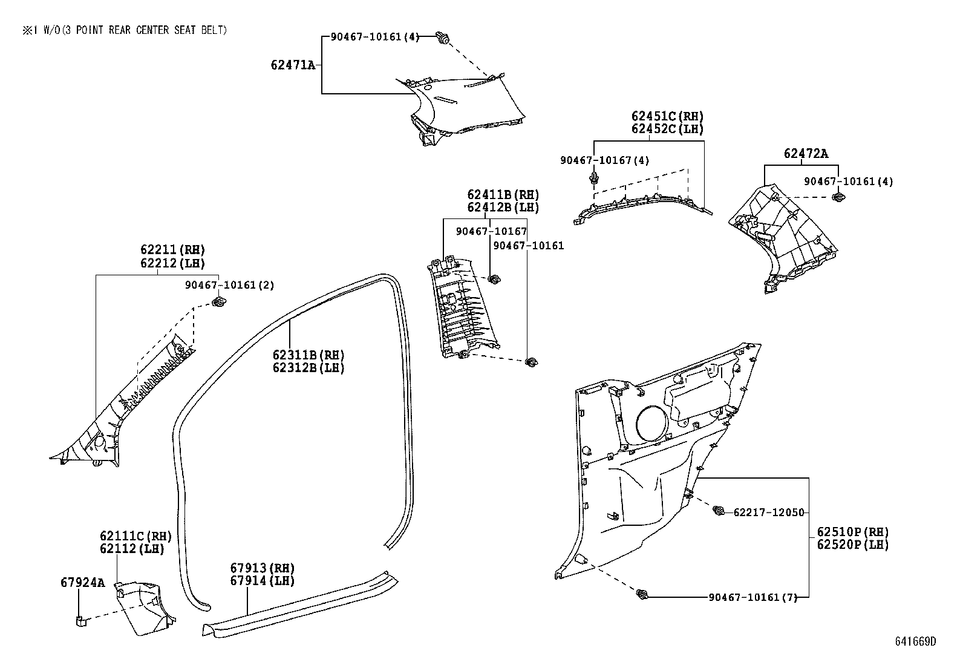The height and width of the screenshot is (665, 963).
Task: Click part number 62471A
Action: point(293,65)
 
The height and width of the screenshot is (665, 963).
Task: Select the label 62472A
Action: point(806,154)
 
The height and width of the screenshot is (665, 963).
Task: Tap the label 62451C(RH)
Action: point(667,116)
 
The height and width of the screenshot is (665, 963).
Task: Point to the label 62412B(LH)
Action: point(503,208)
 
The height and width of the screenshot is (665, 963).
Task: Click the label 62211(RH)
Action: point(172,250)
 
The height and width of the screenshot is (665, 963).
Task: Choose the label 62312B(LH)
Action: point(308,368)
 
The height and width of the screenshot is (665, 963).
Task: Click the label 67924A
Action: point(82,583)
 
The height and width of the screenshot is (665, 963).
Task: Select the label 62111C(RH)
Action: point(135,536)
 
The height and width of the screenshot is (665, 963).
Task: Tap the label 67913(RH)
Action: point(262,568)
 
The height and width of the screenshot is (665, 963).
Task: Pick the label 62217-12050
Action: point(769,513)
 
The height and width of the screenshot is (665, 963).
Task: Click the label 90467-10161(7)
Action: point(752,598)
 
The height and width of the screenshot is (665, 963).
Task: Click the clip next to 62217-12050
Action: point(719,511)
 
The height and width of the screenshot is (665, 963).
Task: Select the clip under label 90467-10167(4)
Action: point(595,179)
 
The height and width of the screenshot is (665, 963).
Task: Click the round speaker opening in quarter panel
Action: point(651,424)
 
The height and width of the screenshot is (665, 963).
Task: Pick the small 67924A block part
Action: point(80,620)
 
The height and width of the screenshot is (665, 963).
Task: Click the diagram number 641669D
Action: point(915,641)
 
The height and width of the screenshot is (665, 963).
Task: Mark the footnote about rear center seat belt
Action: point(125,30)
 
